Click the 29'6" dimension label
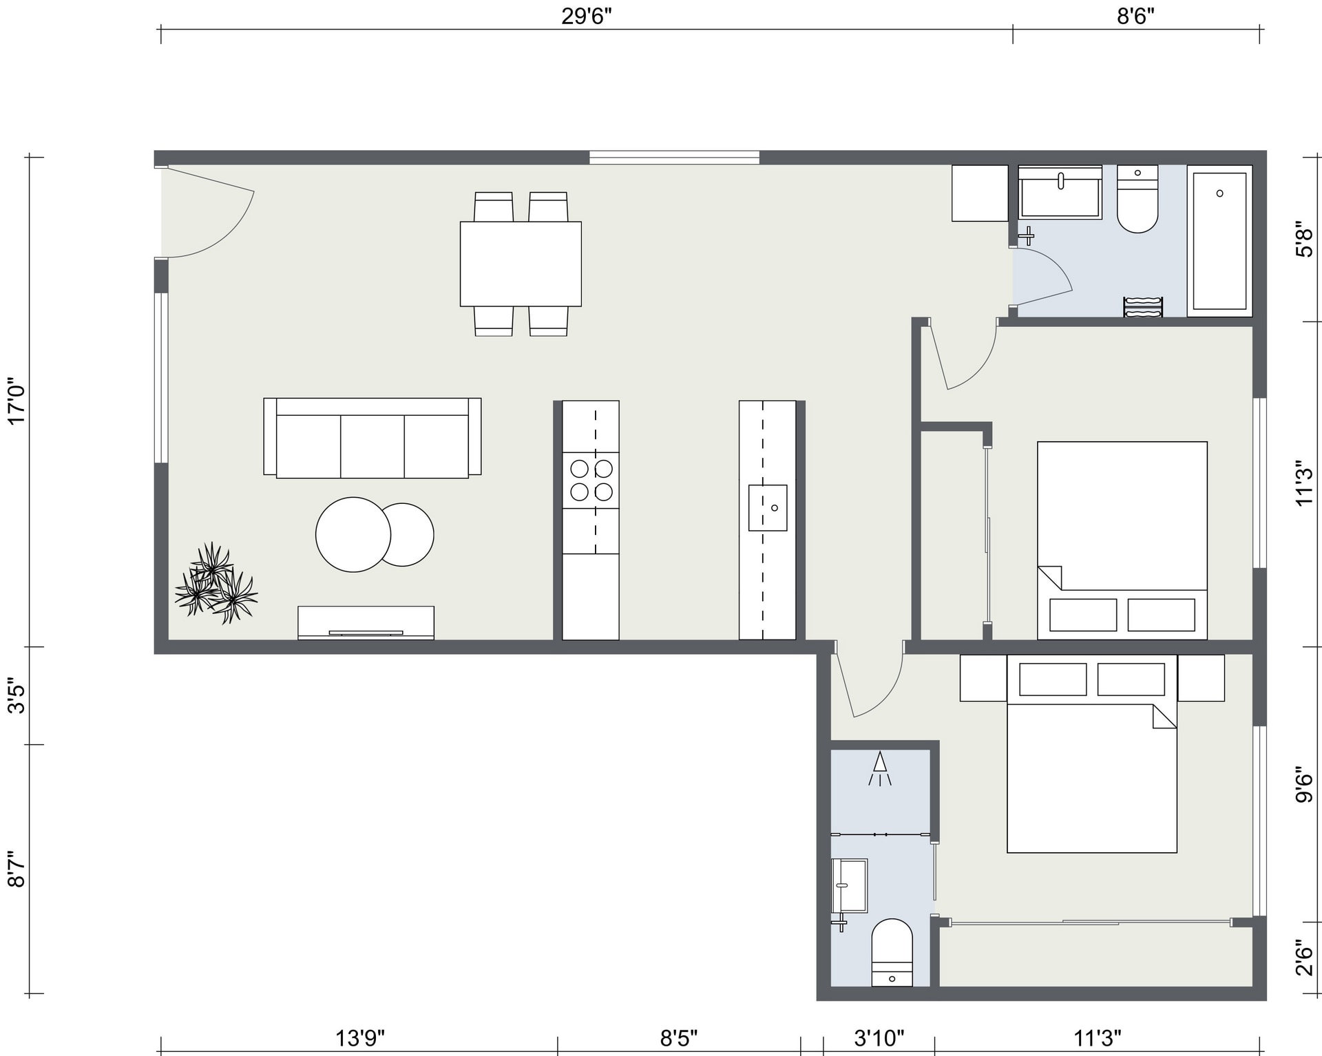coord(586,17)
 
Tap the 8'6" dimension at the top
coord(1135,17)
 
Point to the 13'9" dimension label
coord(359,1037)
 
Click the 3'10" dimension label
coord(879,1037)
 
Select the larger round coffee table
coord(353,534)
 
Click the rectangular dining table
coord(521,264)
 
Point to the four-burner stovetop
coord(591,480)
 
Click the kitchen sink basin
coord(768,507)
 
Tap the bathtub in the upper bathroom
coord(1219,241)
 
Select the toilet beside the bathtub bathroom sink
coord(1137,199)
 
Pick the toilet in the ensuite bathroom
coord(892,953)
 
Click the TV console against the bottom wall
coord(366,622)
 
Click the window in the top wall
coord(674,158)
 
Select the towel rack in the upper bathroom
coord(1143,307)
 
